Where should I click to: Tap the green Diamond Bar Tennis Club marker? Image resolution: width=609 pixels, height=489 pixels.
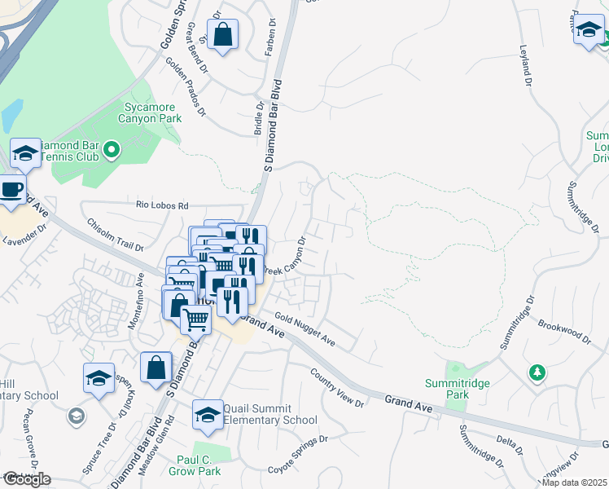click(x=112, y=149)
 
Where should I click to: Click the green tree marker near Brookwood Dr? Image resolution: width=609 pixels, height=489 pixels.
click(x=536, y=372)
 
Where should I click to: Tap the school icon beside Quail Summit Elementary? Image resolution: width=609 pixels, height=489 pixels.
click(x=208, y=414)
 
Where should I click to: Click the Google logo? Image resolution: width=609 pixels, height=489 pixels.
click(x=26, y=479)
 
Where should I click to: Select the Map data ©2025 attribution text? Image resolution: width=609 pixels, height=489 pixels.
click(x=575, y=482)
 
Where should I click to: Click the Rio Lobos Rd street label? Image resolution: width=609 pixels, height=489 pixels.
click(x=161, y=205)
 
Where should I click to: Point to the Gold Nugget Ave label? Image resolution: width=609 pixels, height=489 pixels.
click(x=304, y=328)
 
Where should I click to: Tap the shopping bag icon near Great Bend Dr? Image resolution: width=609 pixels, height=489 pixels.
click(x=221, y=35)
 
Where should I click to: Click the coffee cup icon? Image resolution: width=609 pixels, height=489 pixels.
click(x=11, y=189)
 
